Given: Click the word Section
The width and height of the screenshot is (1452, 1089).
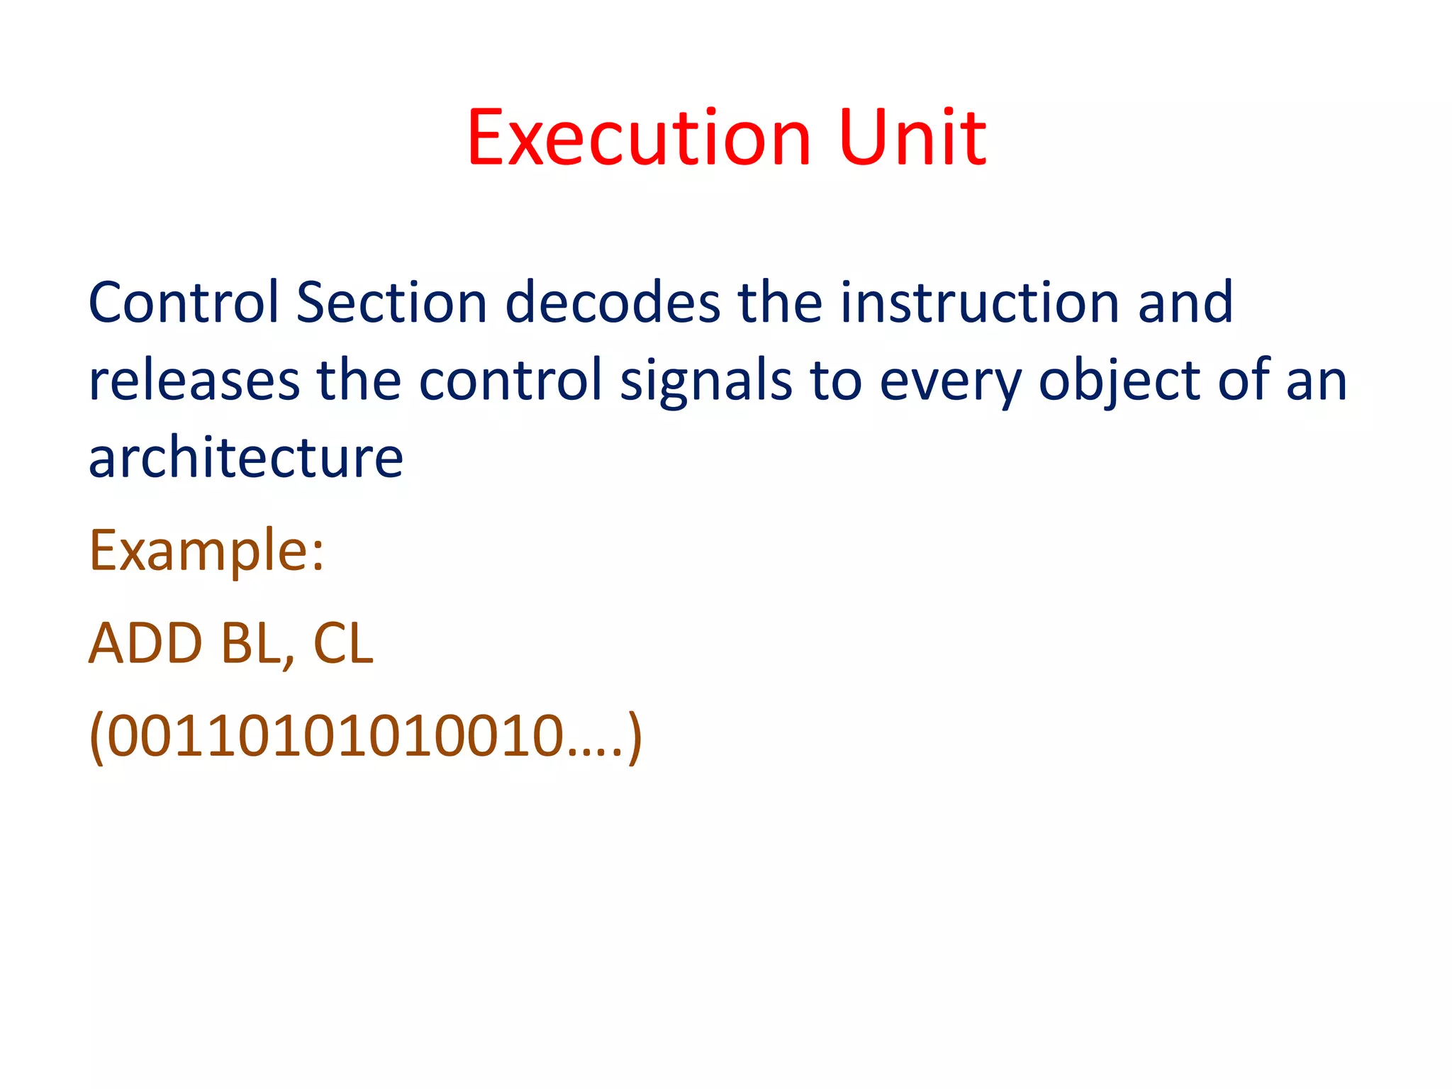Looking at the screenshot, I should click(391, 303).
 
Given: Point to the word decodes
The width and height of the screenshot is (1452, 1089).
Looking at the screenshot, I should click(613, 303).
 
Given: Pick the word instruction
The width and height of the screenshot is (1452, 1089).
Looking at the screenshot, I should click(979, 303).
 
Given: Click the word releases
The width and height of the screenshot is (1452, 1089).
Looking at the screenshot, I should click(194, 381).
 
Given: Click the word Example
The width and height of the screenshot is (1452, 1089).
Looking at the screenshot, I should click(199, 552).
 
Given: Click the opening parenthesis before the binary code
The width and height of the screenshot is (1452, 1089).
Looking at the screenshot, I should click(96, 737).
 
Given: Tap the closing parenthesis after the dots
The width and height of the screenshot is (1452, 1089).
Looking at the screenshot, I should click(635, 737).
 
